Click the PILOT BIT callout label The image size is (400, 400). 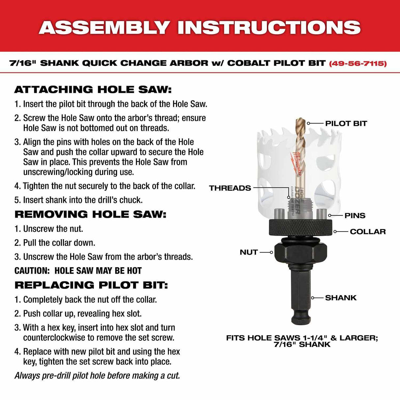[346, 124]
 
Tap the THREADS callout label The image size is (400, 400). [230, 188]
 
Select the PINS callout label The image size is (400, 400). [355, 215]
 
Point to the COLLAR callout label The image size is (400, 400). [367, 232]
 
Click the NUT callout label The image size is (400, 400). [248, 252]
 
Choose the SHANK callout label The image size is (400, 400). [341, 298]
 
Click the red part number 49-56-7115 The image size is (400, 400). [357, 63]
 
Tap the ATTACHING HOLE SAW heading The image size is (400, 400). [93, 90]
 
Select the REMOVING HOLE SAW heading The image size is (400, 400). [90, 214]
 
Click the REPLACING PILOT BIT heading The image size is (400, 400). [91, 285]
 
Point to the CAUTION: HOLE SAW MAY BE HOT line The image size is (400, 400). [78, 271]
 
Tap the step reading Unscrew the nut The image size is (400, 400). [49, 229]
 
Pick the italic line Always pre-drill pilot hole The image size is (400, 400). [97, 376]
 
